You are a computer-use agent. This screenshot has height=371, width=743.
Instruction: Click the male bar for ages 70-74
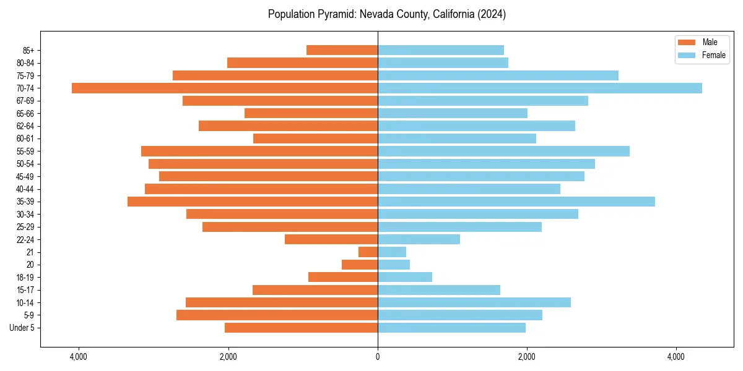(225, 88)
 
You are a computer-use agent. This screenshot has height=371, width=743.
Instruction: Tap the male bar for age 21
(368, 252)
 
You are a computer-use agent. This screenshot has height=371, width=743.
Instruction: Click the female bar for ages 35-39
(516, 202)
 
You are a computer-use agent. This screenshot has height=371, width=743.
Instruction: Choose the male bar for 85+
(342, 50)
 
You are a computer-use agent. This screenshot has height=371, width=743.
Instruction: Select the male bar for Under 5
(302, 328)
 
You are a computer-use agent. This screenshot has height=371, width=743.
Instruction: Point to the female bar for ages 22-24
(419, 239)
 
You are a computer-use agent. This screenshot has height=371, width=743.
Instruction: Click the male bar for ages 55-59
(259, 151)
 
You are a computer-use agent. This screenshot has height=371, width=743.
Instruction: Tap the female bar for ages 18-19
(405, 277)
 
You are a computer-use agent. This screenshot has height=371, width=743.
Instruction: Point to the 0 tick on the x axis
(378, 357)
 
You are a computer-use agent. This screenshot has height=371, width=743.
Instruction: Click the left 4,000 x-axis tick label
(79, 357)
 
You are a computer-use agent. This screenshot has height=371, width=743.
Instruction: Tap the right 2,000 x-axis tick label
(527, 357)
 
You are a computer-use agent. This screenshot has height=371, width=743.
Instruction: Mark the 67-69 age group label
(25, 101)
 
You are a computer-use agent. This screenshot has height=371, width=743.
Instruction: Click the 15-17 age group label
(25, 290)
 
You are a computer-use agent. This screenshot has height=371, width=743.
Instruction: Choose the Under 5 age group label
(22, 328)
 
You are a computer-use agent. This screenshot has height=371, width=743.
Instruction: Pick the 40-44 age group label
(25, 189)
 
